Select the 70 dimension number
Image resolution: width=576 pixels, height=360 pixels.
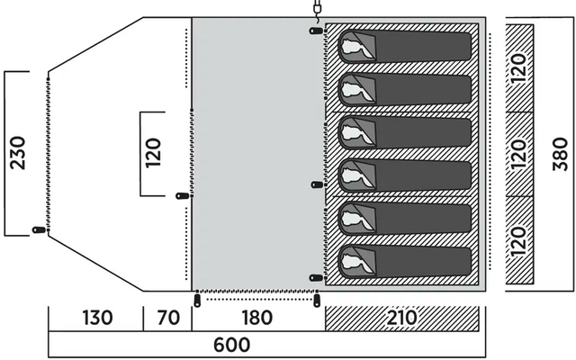[x=167, y=319]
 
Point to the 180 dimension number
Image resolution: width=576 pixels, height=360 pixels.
[x=258, y=319]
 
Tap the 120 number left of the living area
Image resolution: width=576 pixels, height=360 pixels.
[x=152, y=154]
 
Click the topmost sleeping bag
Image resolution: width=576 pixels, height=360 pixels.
[x=405, y=46]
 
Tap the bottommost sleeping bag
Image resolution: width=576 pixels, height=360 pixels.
[x=405, y=261]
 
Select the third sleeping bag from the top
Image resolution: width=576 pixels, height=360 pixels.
[x=405, y=132]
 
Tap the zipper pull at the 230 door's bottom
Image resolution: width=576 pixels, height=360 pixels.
[x=40, y=229]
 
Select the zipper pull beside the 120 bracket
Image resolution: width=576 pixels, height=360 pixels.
[x=183, y=194]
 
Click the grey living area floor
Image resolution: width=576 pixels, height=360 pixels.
[x=256, y=153]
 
